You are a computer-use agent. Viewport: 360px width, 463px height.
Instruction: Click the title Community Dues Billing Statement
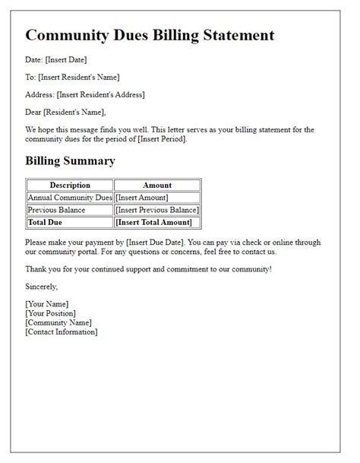(x=150, y=35)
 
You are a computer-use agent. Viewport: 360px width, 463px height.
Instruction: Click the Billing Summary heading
(x=70, y=160)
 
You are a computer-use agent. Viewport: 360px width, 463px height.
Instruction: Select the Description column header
(x=70, y=185)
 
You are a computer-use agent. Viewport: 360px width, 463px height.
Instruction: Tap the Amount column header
(x=157, y=185)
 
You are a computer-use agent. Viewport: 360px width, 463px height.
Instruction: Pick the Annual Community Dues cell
(x=70, y=198)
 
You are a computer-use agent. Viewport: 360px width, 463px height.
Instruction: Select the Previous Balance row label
(x=57, y=210)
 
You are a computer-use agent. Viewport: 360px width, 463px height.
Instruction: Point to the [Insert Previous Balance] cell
(x=157, y=210)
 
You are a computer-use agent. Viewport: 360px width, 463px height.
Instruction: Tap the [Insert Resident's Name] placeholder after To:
(x=78, y=77)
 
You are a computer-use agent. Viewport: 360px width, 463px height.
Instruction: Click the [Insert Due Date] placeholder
(x=144, y=242)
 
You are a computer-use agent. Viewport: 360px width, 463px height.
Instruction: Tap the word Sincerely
(x=41, y=287)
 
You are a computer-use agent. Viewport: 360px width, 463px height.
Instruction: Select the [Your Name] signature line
(x=48, y=304)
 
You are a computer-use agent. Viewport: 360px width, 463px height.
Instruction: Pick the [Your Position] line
(x=51, y=313)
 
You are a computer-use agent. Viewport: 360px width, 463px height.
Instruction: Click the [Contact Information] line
(x=62, y=331)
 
